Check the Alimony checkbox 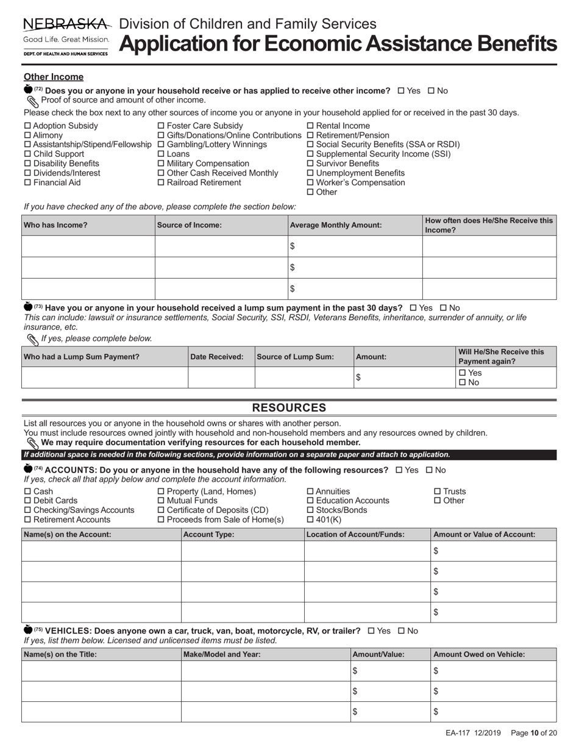point(27,135)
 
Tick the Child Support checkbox point(27,154)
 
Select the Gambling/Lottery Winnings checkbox point(161,145)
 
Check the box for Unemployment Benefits point(310,173)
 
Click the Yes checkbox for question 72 point(401,91)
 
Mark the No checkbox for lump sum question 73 point(444,308)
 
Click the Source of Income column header point(190,225)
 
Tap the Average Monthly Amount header point(336,225)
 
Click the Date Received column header point(218,357)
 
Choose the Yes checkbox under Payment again point(462,373)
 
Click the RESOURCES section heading point(289,408)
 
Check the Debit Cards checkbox point(27,501)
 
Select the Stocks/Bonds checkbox point(310,510)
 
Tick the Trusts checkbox point(437,491)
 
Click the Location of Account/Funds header point(356,534)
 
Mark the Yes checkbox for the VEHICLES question point(371,631)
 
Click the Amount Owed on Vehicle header point(478,654)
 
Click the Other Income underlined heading point(54,77)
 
